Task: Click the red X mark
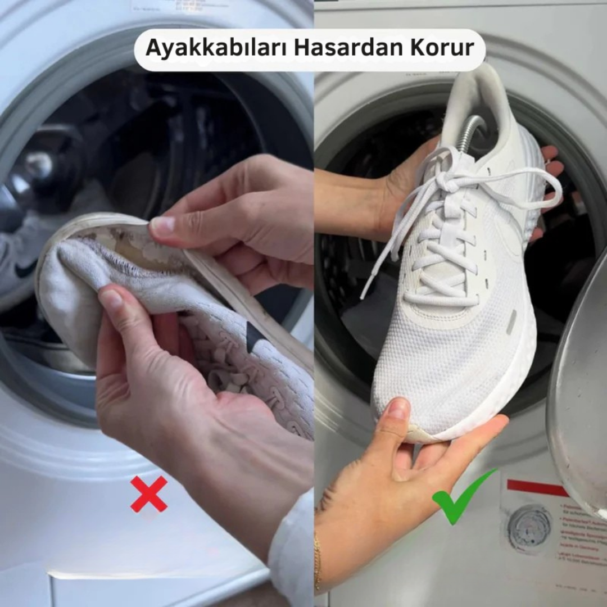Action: (149, 494)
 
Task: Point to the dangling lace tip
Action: (366, 292)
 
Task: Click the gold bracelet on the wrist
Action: (318, 562)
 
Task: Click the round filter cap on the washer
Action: (529, 529)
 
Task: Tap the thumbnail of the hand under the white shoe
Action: (399, 409)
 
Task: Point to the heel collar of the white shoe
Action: (478, 90)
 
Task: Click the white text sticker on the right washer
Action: (579, 540)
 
